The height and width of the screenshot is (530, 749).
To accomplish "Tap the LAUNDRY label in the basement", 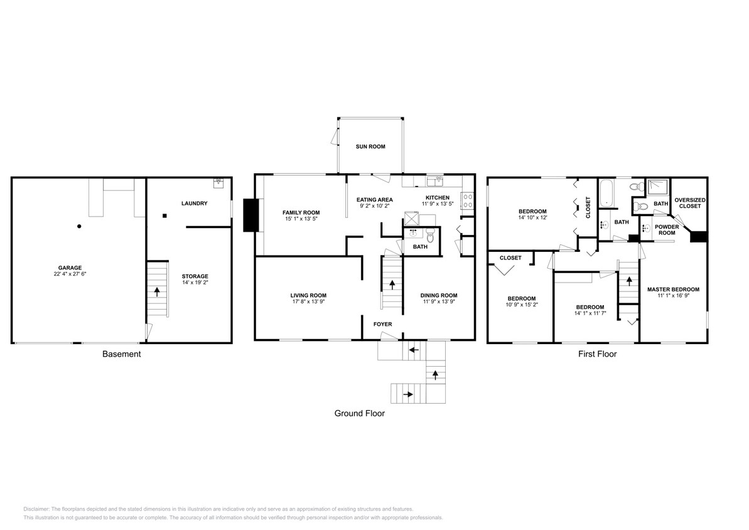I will click(194, 203).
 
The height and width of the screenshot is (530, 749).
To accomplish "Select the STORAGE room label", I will click(195, 276).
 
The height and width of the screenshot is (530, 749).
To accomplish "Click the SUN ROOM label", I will click(370, 146).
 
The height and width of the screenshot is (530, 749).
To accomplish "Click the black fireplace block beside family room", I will click(251, 215).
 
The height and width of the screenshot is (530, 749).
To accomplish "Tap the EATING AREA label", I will click(375, 200).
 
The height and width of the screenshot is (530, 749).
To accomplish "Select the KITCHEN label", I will click(435, 197).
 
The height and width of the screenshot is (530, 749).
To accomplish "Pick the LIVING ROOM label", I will click(308, 295).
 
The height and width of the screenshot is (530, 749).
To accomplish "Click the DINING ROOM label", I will click(438, 295).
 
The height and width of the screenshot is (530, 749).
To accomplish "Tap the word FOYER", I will click(382, 324).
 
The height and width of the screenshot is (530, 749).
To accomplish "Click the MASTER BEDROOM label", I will click(673, 289).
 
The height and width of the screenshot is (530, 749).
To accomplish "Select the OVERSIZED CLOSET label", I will click(689, 203).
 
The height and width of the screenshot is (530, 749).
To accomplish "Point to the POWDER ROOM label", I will click(667, 230).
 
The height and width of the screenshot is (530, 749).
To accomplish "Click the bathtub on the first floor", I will click(606, 193).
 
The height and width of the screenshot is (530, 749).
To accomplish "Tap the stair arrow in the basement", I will click(157, 292).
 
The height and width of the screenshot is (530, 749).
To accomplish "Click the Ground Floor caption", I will click(360, 413).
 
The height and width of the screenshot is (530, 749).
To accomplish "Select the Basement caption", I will click(121, 354).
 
